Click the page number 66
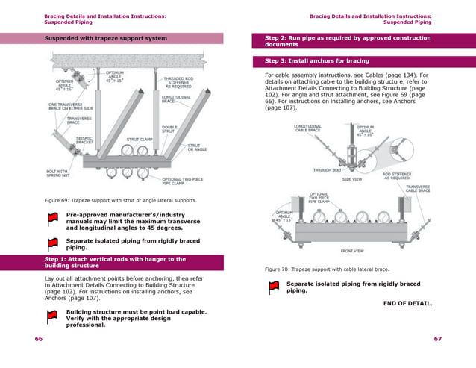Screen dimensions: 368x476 [38, 339]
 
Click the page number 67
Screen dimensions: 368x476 [437, 339]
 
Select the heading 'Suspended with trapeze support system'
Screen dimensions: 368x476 [104, 38]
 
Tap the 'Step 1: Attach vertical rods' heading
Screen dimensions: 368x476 [115, 262]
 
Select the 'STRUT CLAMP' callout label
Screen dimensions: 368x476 [140, 139]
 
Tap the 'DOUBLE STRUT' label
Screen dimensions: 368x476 [169, 130]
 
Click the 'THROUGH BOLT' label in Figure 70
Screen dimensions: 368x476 [327, 170]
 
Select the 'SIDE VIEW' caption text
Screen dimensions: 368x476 [352, 179]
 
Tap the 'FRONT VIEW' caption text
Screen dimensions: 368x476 [352, 251]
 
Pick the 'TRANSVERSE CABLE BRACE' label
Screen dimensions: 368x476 [422, 189]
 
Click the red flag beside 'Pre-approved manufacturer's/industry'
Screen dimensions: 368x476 [52, 219]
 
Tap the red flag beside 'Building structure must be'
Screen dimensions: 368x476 [52, 316]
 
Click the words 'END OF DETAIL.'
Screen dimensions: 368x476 [407, 303]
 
